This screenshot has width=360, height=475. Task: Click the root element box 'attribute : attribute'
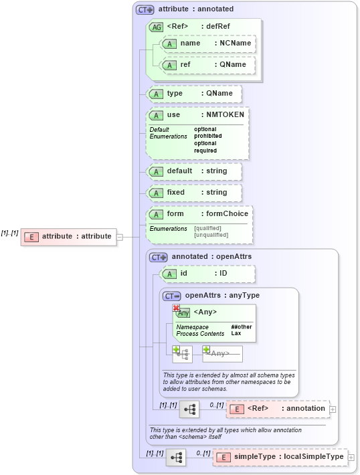click(x=68, y=236)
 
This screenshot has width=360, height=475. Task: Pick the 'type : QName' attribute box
click(x=194, y=94)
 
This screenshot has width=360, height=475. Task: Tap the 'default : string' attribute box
click(x=194, y=171)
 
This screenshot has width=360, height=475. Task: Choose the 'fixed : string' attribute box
click(x=194, y=193)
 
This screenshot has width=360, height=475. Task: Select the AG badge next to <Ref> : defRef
click(x=156, y=27)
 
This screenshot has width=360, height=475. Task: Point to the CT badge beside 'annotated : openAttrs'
click(x=159, y=256)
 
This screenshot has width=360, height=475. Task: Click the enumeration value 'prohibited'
click(x=207, y=136)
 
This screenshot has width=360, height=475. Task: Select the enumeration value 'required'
click(x=205, y=151)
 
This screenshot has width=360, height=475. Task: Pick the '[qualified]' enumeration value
click(x=207, y=228)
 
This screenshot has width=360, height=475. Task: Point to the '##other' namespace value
click(x=240, y=326)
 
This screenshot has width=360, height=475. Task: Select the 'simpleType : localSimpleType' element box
click(x=281, y=457)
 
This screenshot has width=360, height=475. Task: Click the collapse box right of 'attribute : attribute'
click(x=120, y=236)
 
